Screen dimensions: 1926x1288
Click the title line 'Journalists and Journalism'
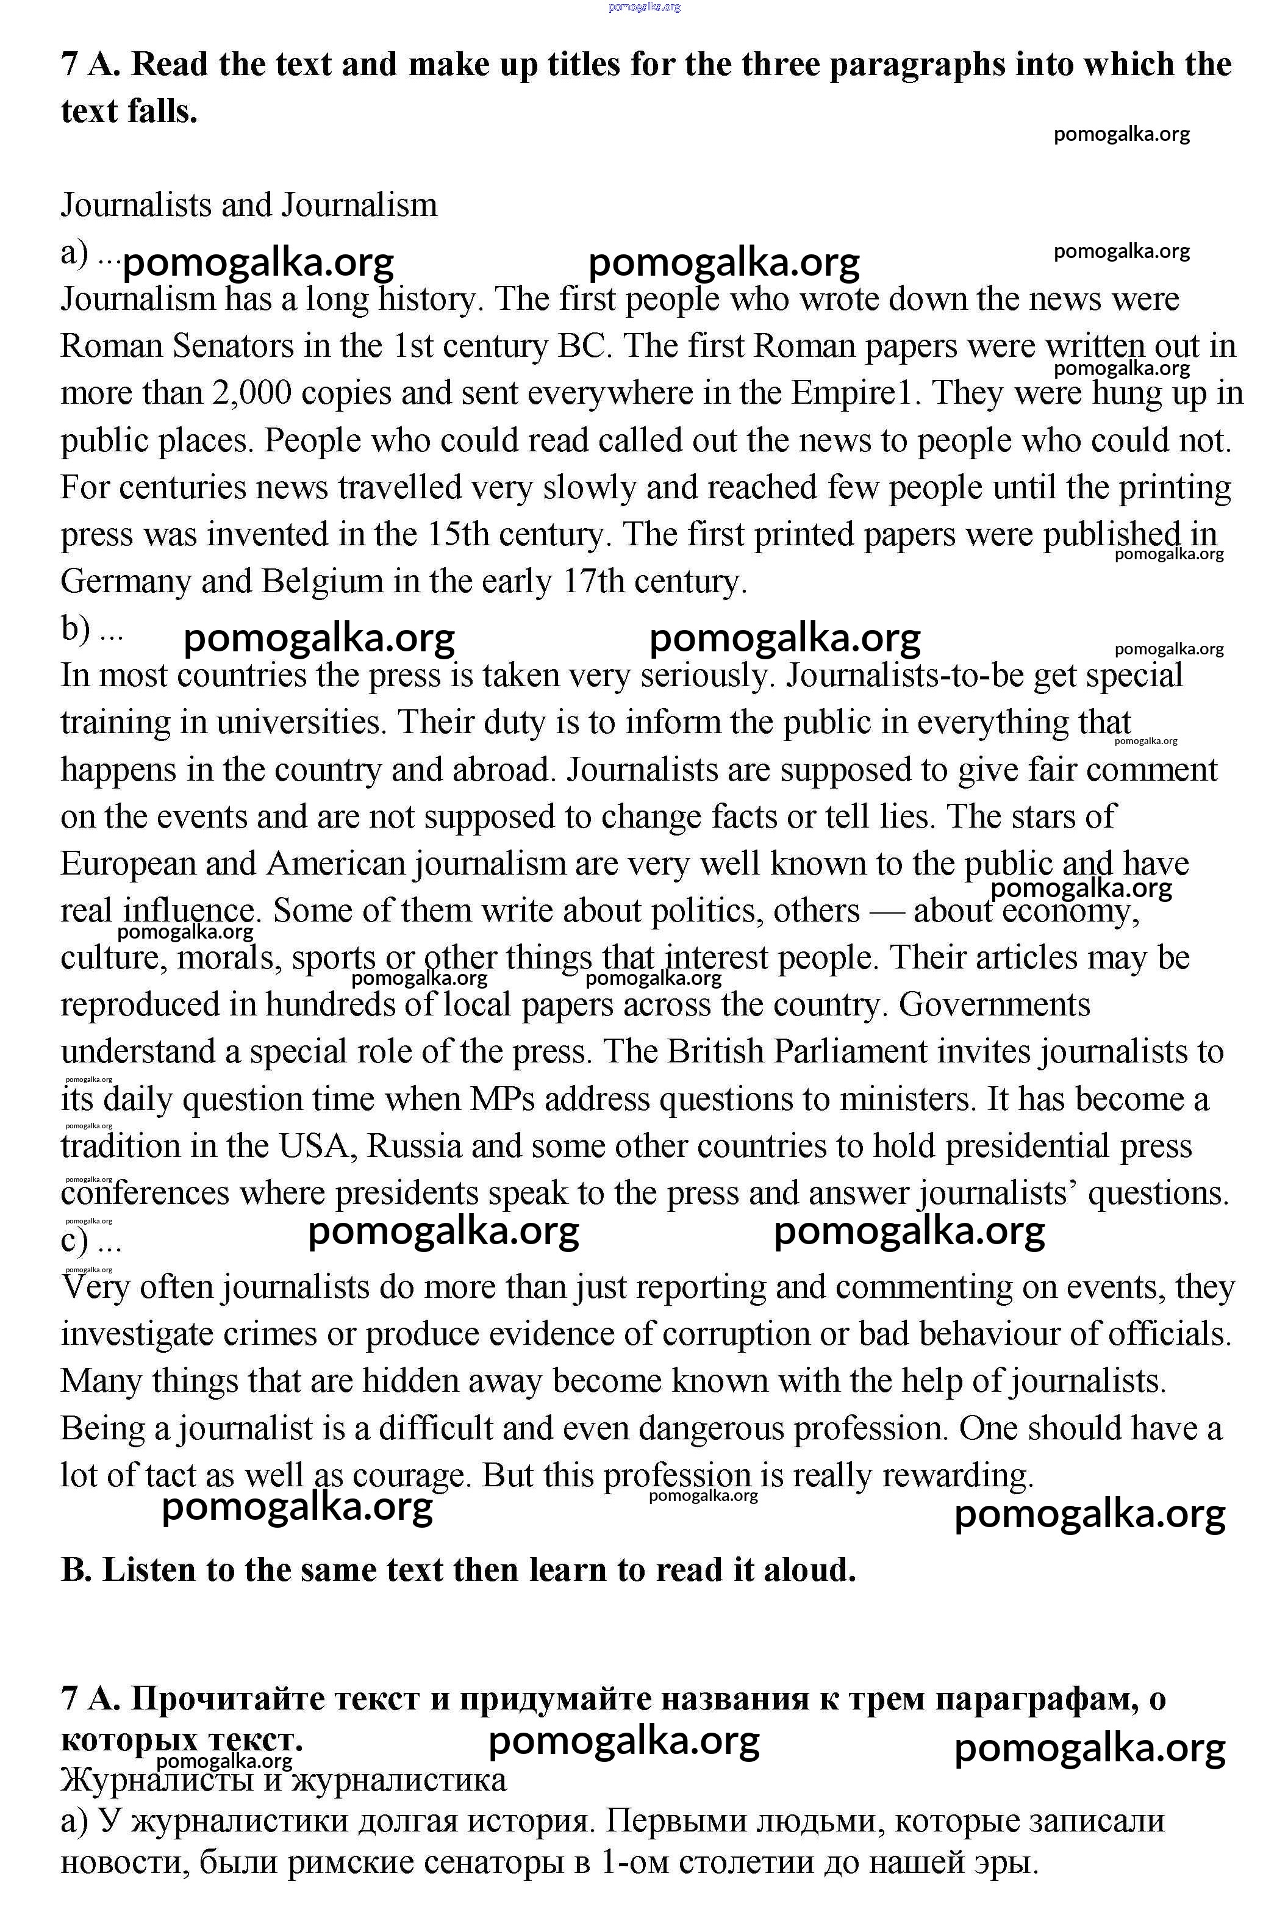coord(249,204)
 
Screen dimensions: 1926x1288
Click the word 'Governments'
coord(994,1004)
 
